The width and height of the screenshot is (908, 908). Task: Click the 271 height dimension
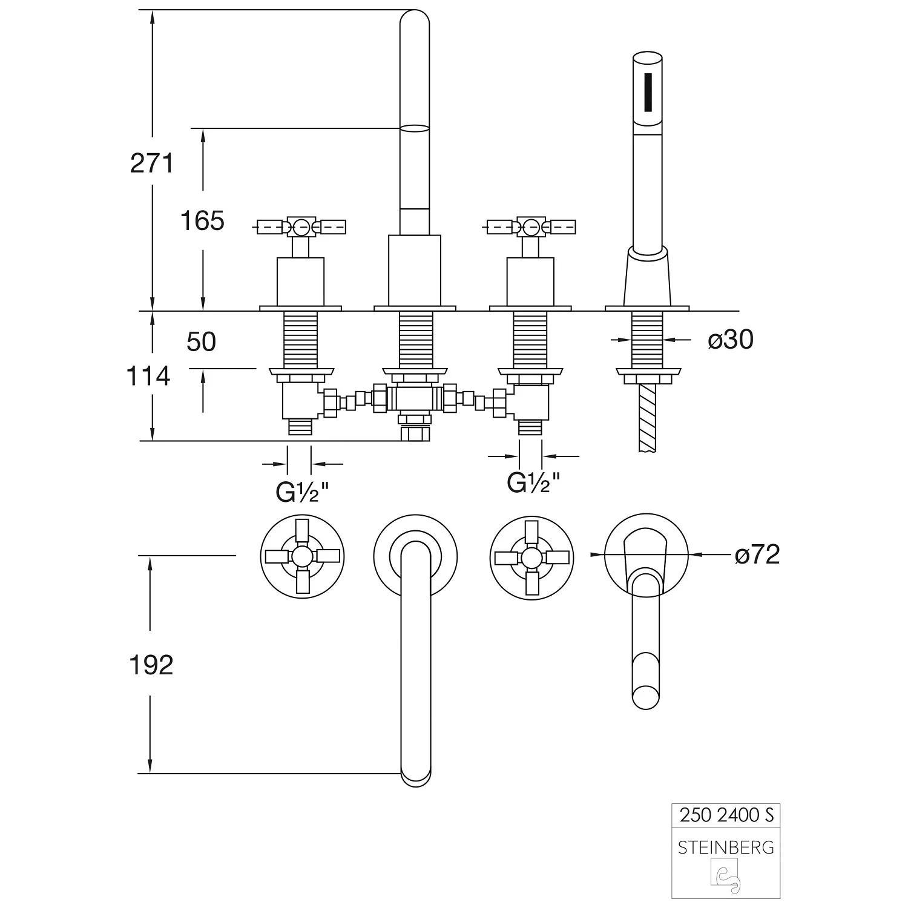pyautogui.click(x=151, y=163)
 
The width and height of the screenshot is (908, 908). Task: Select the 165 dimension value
pyautogui.click(x=202, y=221)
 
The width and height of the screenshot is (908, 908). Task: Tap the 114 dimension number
pyautogui.click(x=148, y=377)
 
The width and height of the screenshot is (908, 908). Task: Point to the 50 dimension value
pyautogui.click(x=201, y=342)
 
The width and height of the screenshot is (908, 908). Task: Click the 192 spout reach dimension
pyautogui.click(x=151, y=665)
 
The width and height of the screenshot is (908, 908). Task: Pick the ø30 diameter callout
pyautogui.click(x=731, y=340)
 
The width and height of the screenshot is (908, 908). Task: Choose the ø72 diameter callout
pyautogui.click(x=757, y=554)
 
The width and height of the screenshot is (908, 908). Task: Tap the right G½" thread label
pyautogui.click(x=533, y=482)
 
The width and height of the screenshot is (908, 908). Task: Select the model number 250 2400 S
pyautogui.click(x=726, y=815)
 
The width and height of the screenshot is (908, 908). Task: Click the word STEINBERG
pyautogui.click(x=726, y=847)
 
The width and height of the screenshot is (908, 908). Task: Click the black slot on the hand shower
pyautogui.click(x=649, y=93)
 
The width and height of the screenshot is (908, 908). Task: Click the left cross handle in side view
pyautogui.click(x=301, y=227)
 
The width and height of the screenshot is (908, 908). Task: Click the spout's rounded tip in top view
pyautogui.click(x=416, y=775)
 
